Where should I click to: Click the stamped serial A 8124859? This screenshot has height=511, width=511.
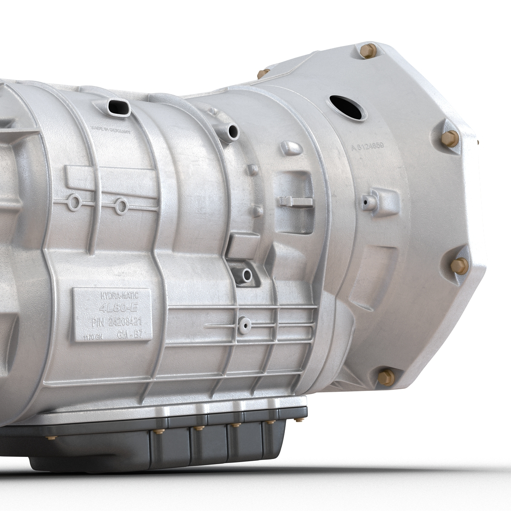click(368, 147)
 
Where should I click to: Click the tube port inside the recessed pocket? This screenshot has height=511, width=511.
click(246, 276)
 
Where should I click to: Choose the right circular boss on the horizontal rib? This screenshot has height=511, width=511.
click(121, 206)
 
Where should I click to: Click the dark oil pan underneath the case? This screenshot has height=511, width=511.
click(170, 447)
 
